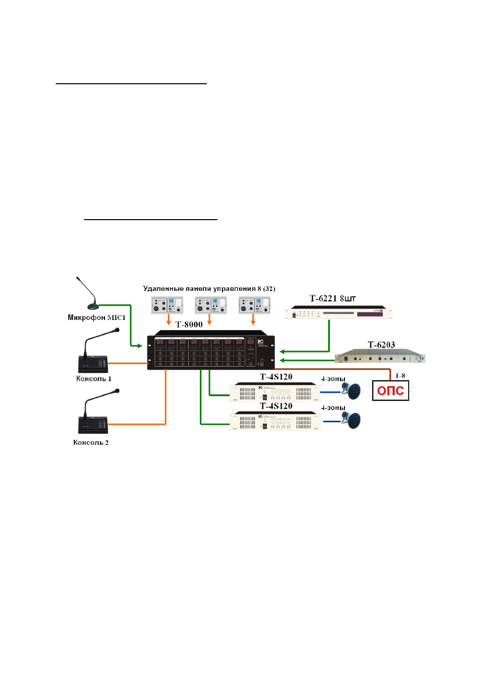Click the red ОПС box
pyautogui.click(x=390, y=391)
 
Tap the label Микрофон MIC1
pyautogui.click(x=96, y=317)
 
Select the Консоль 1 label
pyautogui.click(x=94, y=379)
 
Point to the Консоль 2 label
pyautogui.click(x=91, y=442)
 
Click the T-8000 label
pyautogui.click(x=189, y=324)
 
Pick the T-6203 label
pyautogui.click(x=381, y=345)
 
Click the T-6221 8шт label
pyautogui.click(x=332, y=298)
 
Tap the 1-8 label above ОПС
pyautogui.click(x=400, y=376)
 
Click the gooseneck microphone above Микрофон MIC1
pyautogui.click(x=88, y=293)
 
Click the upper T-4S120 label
pyautogui.click(x=276, y=377)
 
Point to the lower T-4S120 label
pyautogui.click(x=276, y=406)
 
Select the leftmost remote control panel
pyautogui.click(x=167, y=305)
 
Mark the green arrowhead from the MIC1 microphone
pyautogui.click(x=140, y=346)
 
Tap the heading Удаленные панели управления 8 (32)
pyautogui.click(x=209, y=288)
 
